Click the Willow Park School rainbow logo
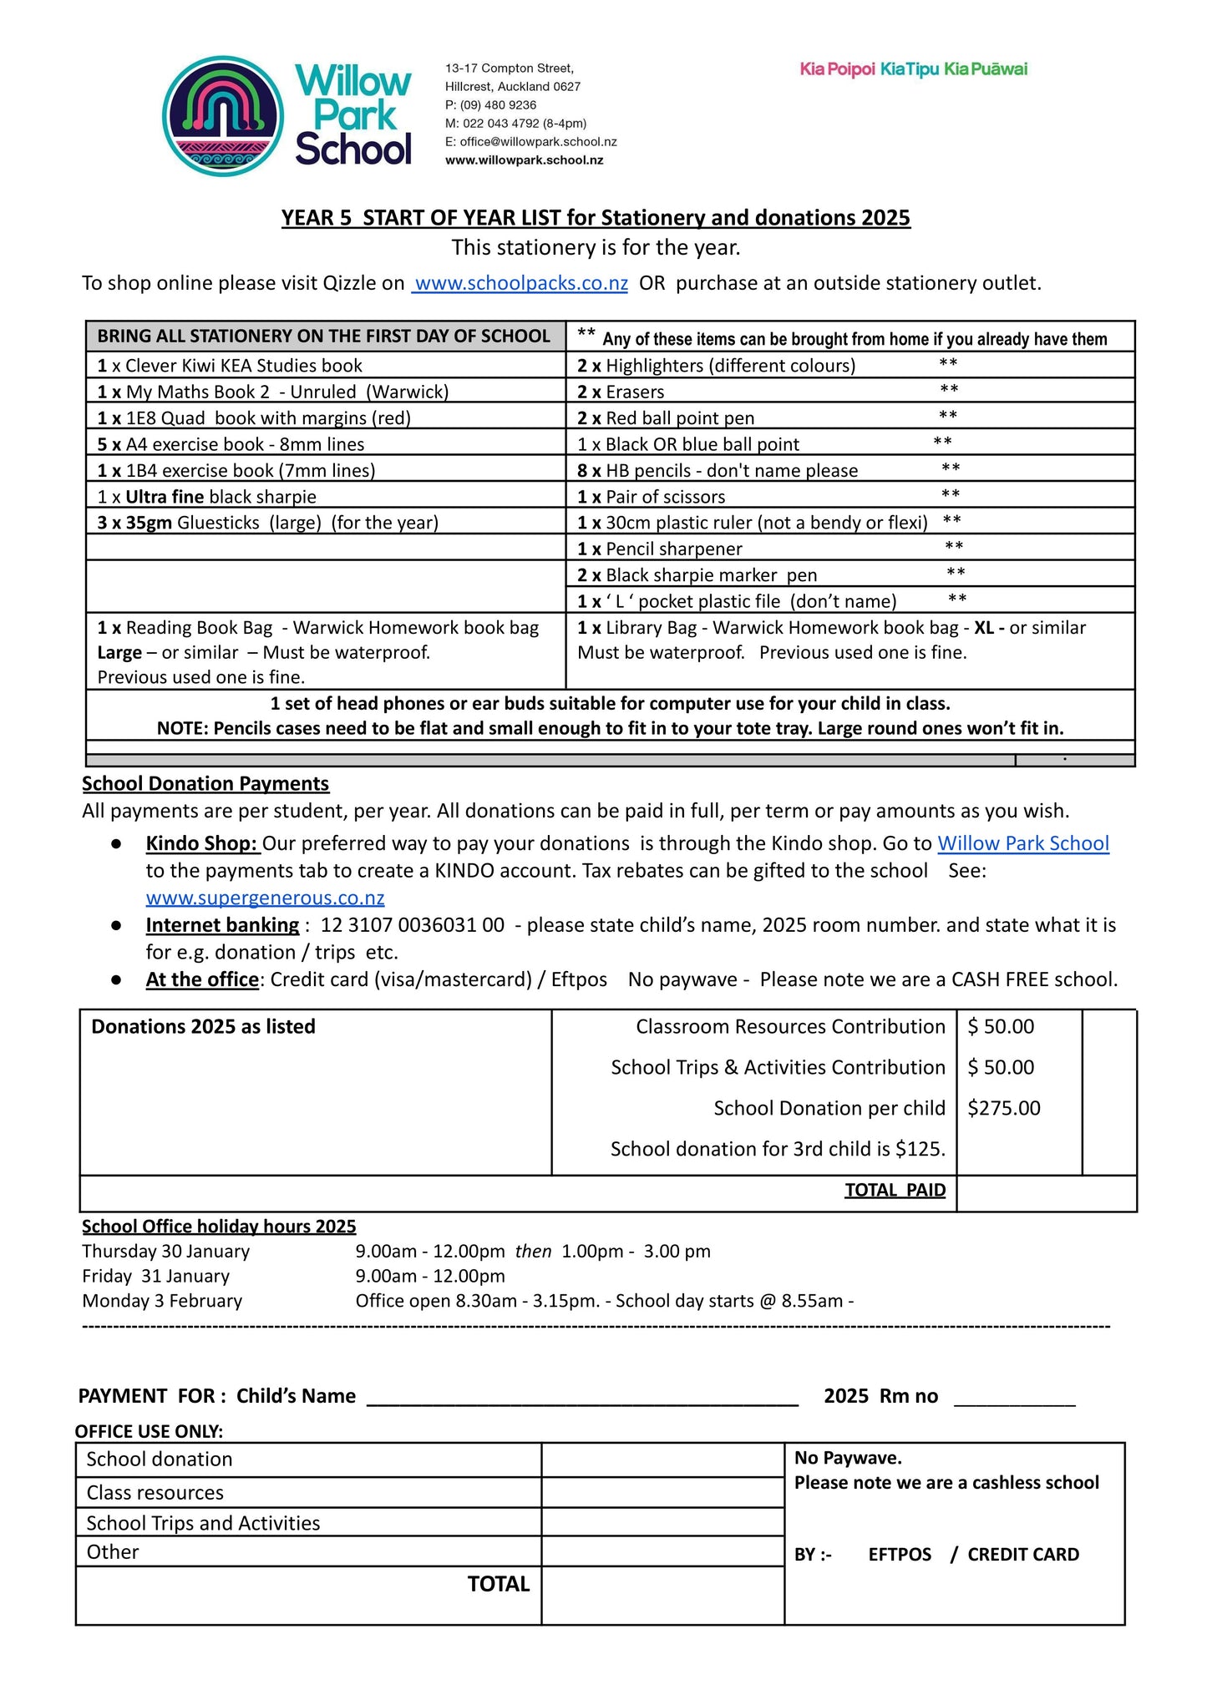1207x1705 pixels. coord(223,116)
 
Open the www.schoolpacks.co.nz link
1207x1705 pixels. coord(520,283)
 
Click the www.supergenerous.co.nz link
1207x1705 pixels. coord(265,898)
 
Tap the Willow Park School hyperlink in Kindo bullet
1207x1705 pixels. coord(1022,843)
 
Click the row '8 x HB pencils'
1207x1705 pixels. coord(717,470)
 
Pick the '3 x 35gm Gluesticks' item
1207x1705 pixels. coord(267,523)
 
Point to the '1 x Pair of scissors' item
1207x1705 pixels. coord(651,497)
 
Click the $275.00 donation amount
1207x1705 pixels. coord(1003,1108)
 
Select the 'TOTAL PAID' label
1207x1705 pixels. coord(895,1190)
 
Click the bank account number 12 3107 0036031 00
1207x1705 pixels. coord(413,925)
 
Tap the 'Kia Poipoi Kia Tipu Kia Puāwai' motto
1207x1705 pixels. coord(913,69)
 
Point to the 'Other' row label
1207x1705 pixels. coord(113,1552)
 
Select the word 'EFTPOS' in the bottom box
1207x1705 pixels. coord(899,1555)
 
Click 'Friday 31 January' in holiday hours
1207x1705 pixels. coord(155,1276)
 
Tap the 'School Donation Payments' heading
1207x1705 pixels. coord(205,783)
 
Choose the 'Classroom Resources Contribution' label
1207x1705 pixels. coord(789,1026)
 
